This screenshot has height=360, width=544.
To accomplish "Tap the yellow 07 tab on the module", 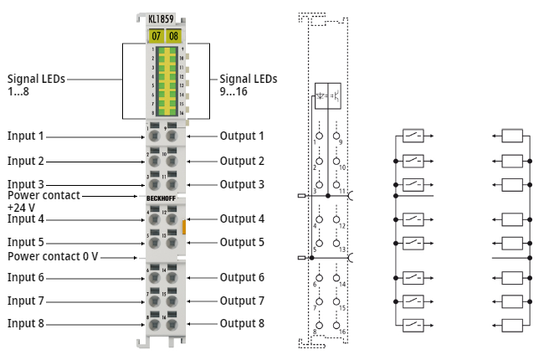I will [x=156, y=36].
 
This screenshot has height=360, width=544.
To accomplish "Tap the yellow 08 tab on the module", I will [x=173, y=36].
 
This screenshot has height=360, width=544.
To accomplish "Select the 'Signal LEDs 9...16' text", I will [x=248, y=85].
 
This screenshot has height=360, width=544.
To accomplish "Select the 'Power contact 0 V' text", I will [x=53, y=257].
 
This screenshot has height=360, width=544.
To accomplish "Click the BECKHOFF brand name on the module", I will [x=163, y=198].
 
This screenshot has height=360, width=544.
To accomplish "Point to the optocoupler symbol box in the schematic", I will [x=327, y=96].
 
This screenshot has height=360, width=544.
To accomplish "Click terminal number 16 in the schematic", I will [x=344, y=332].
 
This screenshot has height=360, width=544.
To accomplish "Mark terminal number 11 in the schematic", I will [x=343, y=192].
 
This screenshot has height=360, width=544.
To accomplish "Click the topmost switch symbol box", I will [x=413, y=136].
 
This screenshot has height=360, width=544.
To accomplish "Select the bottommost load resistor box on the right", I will [x=512, y=324].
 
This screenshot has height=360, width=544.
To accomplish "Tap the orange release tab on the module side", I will [x=183, y=225].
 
